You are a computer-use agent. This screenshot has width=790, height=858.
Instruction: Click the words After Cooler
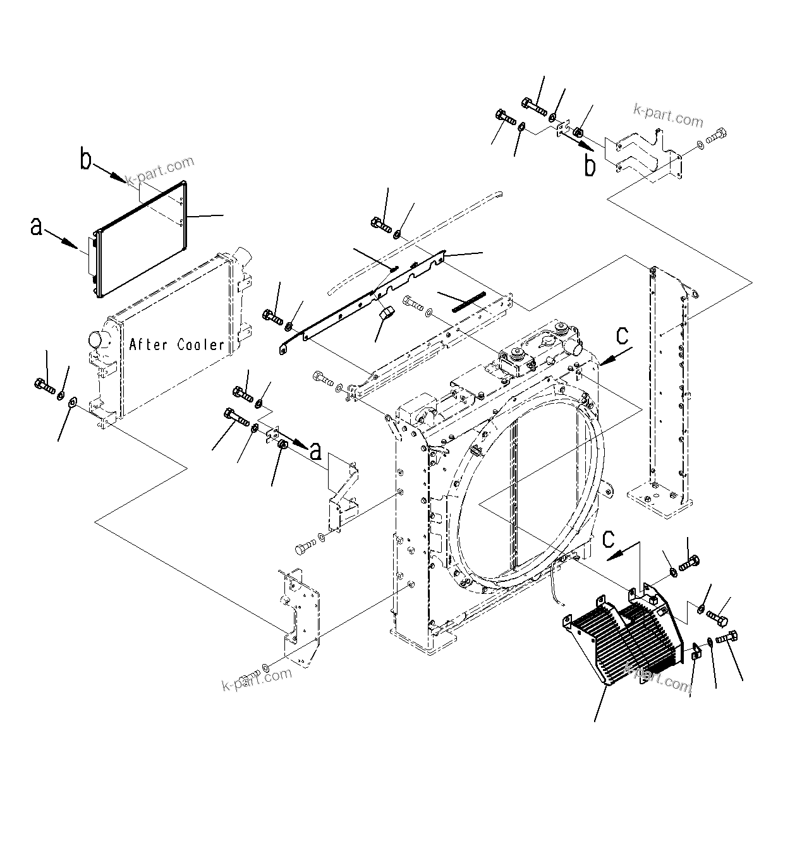[x=177, y=344]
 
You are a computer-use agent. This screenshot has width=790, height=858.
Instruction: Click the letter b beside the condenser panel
[x=86, y=160]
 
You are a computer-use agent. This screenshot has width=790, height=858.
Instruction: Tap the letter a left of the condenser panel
[x=37, y=226]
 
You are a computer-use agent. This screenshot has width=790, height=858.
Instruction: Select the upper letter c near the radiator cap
[x=623, y=336]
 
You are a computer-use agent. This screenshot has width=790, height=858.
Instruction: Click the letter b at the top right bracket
[x=589, y=166]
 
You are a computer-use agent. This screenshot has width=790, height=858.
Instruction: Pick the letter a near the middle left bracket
[x=315, y=451]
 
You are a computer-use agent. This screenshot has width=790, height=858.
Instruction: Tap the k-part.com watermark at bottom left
[x=257, y=679]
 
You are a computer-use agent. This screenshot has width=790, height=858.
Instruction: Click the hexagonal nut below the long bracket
[x=387, y=313]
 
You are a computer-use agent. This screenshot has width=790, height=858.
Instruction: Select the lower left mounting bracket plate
[x=300, y=616]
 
